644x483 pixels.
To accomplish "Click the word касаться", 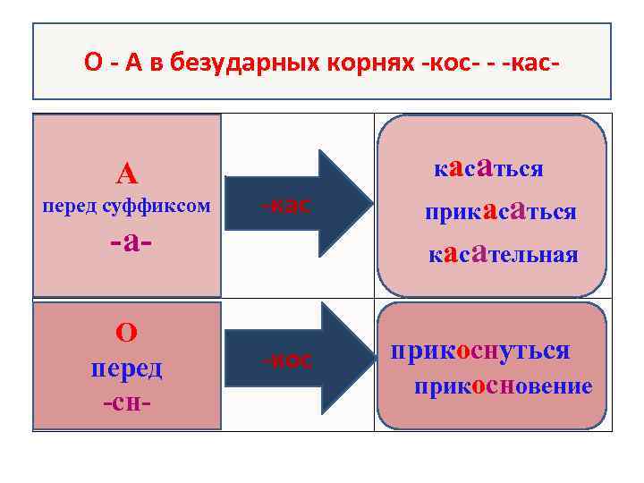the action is point(487,168).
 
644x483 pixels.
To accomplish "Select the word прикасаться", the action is point(499,211).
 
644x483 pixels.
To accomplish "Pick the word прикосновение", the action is point(502,386).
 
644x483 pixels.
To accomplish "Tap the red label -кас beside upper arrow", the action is point(286,205).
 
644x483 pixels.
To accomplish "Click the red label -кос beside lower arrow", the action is point(287,360).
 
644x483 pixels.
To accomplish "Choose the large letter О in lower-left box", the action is point(126,333).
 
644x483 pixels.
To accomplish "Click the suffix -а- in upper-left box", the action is point(126,241).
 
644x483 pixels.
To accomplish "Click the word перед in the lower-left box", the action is point(126,368).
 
